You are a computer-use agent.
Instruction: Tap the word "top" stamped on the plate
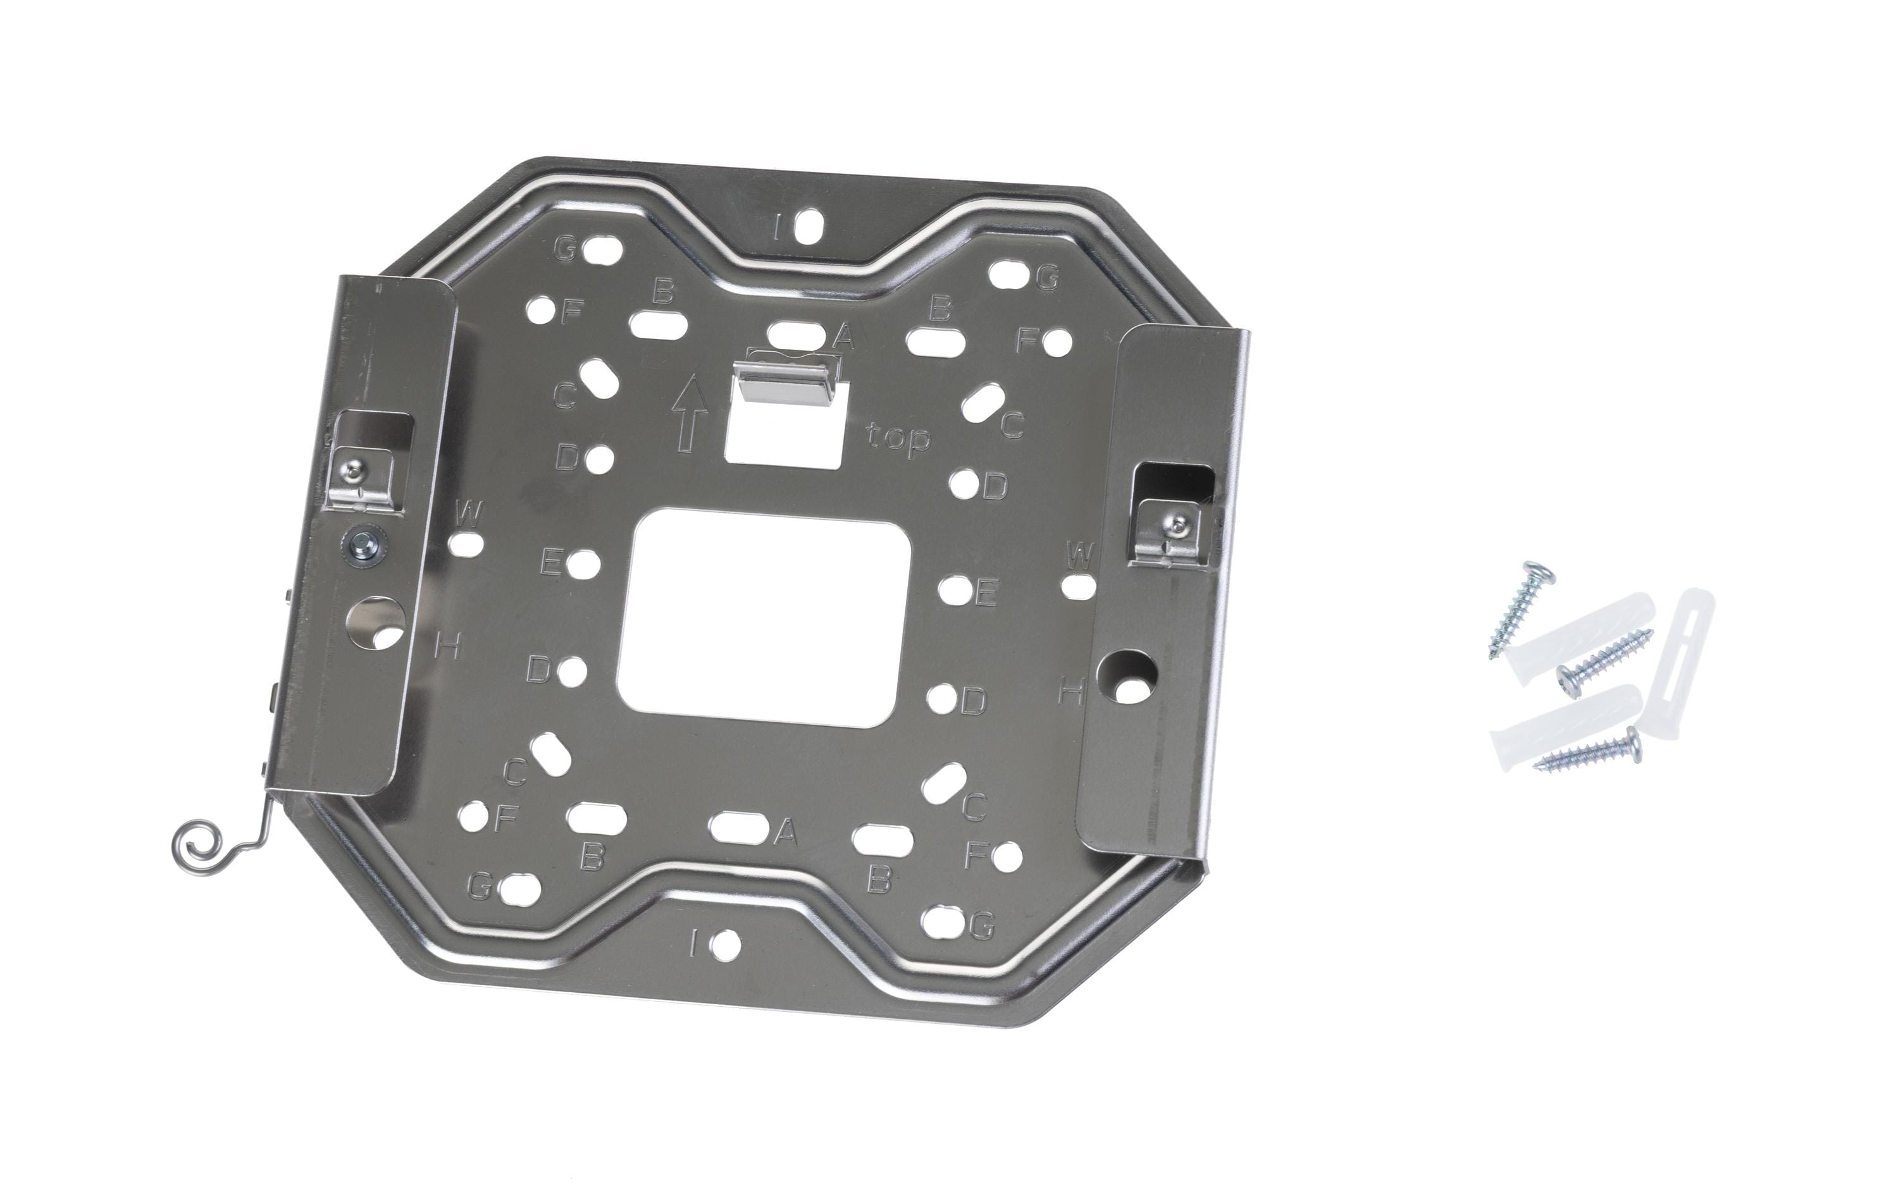pos(898,438)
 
